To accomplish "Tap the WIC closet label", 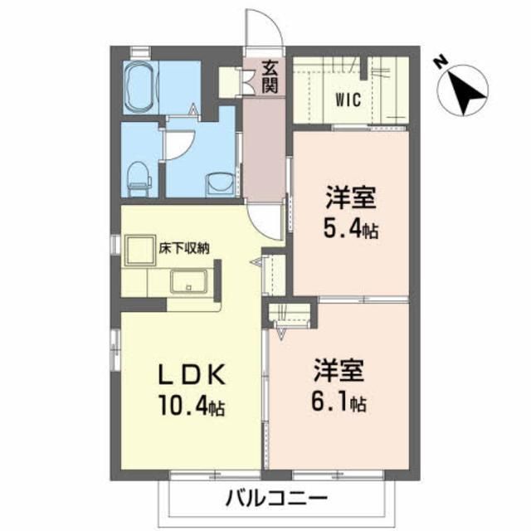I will pyautogui.click(x=348, y=101).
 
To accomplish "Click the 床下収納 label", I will pyautogui.click(x=184, y=246).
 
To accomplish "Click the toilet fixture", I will pyautogui.click(x=139, y=174).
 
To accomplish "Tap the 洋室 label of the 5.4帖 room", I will pyautogui.click(x=351, y=199).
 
